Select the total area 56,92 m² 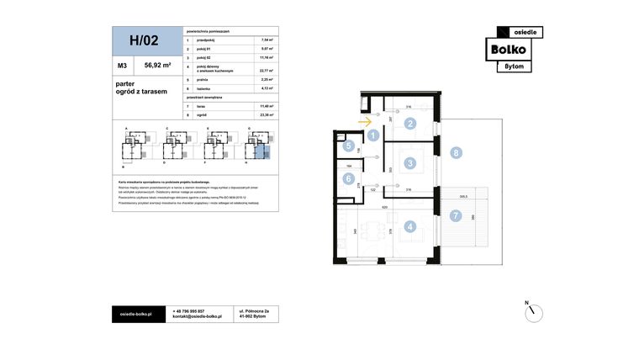157,64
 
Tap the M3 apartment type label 123,64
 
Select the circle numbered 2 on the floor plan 409,124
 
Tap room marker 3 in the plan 409,163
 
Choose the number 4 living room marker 409,225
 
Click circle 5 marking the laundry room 349,146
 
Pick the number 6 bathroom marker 349,178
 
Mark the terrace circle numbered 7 455,215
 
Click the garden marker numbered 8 455,153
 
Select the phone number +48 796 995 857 189,310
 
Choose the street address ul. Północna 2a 255,310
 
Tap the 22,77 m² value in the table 268,71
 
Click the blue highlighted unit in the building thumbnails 262,151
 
